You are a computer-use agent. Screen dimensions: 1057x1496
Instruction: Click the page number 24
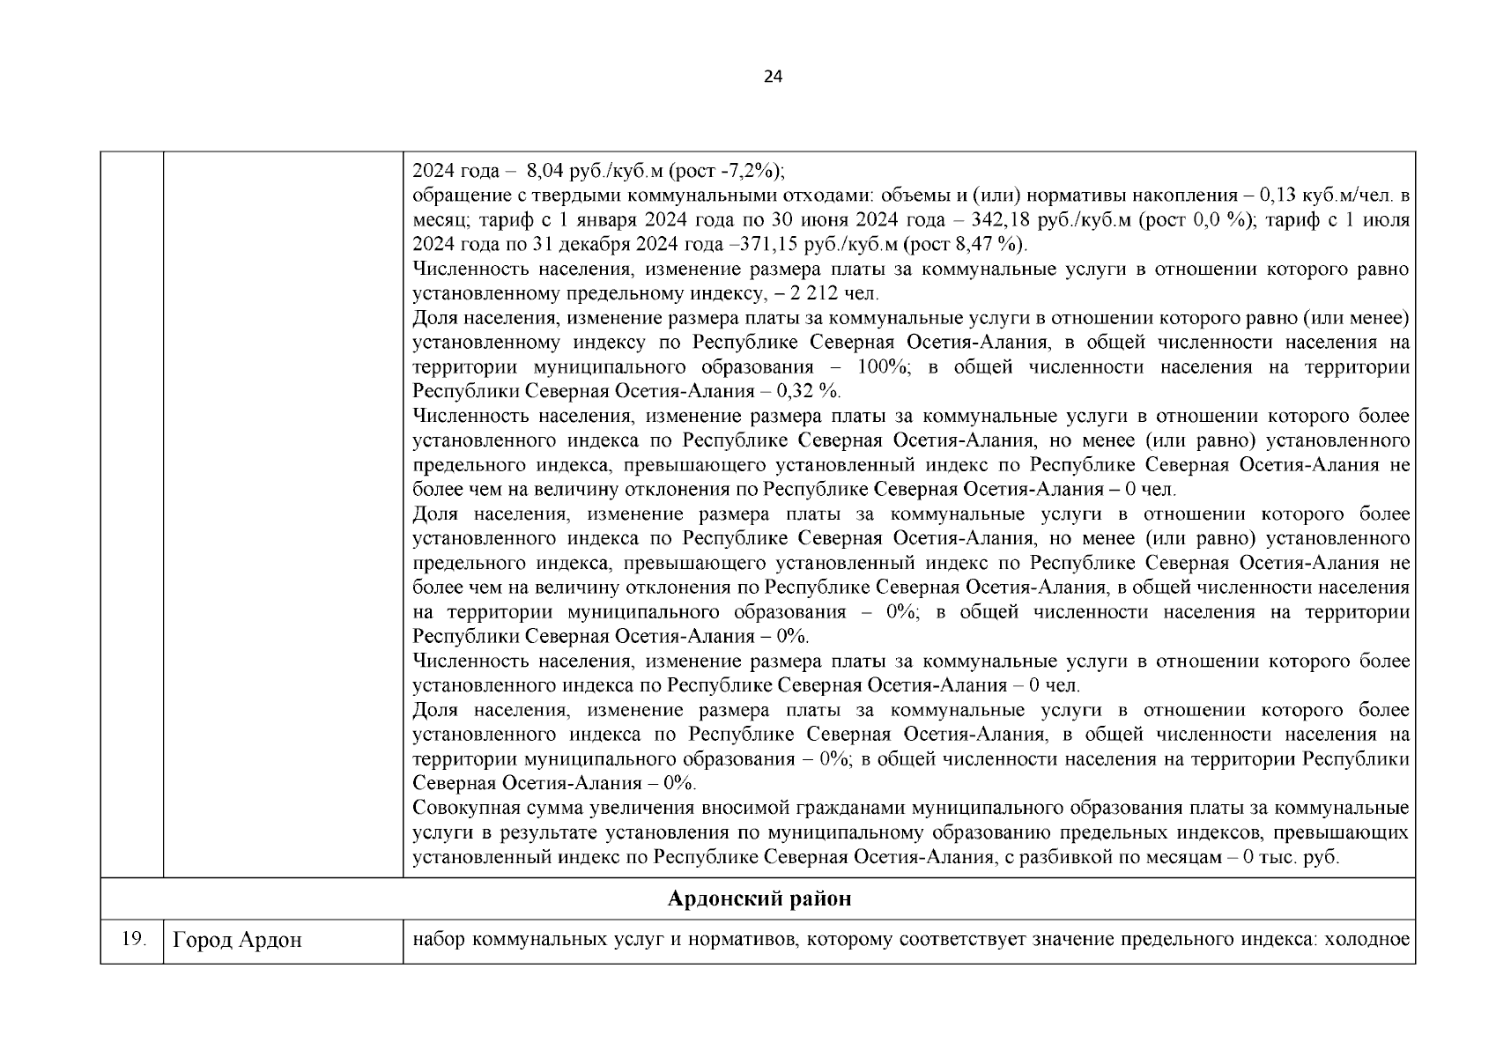(x=772, y=77)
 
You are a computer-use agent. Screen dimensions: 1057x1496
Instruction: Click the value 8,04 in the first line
(x=544, y=171)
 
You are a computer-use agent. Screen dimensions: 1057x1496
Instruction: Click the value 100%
(x=886, y=367)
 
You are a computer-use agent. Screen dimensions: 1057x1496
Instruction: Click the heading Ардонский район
(x=759, y=899)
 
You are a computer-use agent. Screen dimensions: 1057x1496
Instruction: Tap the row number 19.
(x=132, y=940)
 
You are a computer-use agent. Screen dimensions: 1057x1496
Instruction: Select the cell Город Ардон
(x=237, y=941)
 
